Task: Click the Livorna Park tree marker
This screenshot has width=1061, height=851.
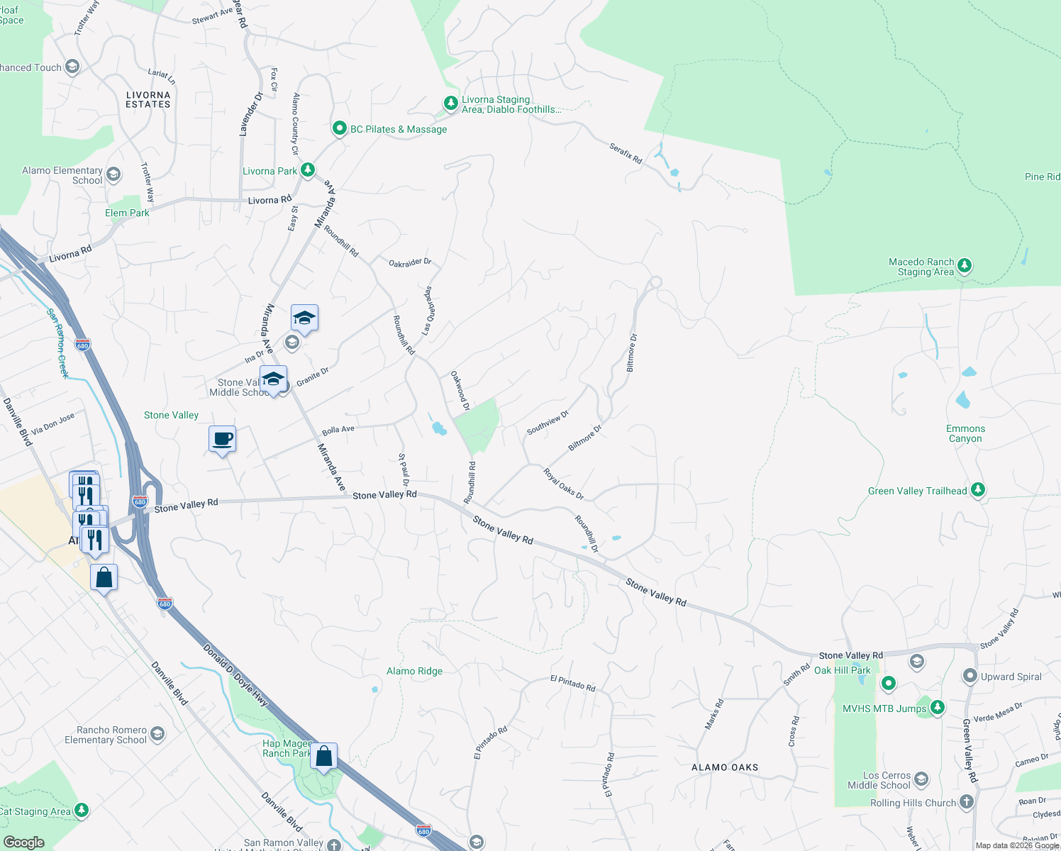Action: coord(307,170)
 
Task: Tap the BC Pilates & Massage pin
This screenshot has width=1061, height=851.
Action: coord(339,129)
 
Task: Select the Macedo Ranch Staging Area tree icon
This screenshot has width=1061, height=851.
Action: coord(964,266)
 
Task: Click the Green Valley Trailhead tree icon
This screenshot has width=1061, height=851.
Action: coord(978,489)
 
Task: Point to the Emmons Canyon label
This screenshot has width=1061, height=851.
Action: coord(965,433)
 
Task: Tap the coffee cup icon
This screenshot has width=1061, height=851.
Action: coord(222,439)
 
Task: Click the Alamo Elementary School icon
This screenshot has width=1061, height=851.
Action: coord(113,174)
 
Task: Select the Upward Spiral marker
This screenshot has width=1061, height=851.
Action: coord(970,676)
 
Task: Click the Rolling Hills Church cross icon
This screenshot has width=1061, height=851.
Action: coord(966,802)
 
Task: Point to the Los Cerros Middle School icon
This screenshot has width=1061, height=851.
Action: coord(921,779)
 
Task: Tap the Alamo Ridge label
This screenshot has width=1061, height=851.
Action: coord(414,671)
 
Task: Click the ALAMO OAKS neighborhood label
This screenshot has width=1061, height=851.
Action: coord(725,767)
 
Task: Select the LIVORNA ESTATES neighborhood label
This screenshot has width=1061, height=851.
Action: coord(148,99)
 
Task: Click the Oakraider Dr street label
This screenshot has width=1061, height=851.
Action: coord(410,262)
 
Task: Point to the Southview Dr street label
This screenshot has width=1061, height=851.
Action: coord(548,423)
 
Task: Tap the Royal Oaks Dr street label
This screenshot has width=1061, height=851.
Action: coord(564,484)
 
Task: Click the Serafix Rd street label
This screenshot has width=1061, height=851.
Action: coord(626,153)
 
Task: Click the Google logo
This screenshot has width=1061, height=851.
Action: coord(24,842)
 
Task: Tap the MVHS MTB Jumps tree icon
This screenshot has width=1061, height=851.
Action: coord(938,707)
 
